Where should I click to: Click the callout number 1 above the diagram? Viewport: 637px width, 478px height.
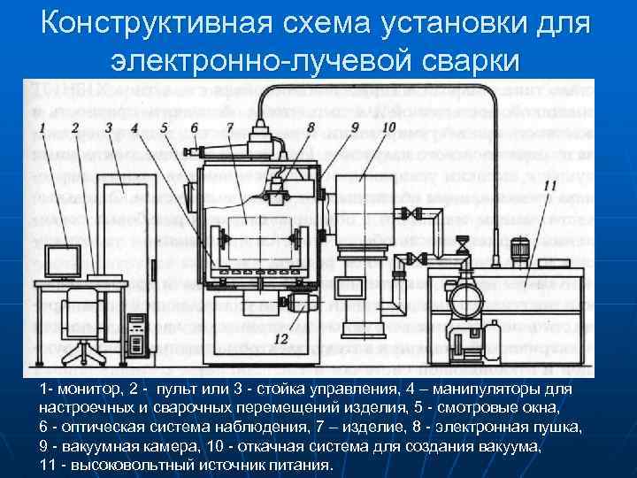41,128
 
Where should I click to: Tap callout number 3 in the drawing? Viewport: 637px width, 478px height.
107,128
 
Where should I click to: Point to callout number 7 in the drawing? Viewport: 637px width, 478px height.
229,128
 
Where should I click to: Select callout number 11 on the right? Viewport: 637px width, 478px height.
550,186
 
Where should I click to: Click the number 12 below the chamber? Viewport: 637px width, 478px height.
281,339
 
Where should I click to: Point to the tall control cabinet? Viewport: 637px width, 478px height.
124,239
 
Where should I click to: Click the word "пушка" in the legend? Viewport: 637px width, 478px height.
561,427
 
